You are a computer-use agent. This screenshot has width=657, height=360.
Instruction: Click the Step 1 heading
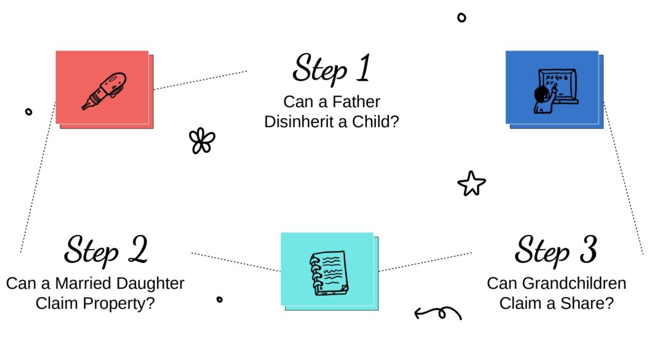pos(332,69)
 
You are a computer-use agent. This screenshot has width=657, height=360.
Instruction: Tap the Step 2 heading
pos(106,250)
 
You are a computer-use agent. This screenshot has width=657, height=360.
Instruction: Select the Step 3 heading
pos(556,250)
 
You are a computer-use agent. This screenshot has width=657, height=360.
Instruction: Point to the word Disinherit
pos(300,122)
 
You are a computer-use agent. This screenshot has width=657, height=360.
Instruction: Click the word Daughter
pos(150,284)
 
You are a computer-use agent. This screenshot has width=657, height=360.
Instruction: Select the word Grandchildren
pos(574,283)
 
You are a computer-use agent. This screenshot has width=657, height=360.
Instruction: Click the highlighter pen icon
pos(104,90)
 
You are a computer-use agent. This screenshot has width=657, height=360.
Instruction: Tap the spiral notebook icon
pos(328,273)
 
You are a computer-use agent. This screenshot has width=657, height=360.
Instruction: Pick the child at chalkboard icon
pos(556,91)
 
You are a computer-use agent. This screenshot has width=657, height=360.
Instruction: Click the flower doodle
pos(202,141)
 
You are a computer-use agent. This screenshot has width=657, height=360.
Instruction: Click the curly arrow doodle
pos(438,313)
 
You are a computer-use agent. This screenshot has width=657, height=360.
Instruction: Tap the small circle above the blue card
pos(461,17)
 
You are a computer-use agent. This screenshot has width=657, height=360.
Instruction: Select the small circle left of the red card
pos(28,112)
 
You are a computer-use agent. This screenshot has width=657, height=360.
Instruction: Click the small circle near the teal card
pos(219,299)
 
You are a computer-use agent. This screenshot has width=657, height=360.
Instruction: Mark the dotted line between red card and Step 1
pos(200,80)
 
